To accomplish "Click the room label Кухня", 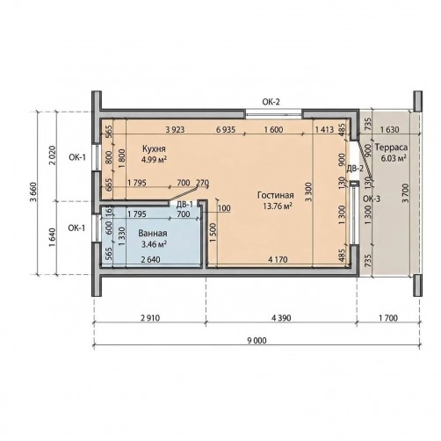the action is point(153,148).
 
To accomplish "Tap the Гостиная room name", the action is point(276,195).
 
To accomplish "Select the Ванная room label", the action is point(153,233).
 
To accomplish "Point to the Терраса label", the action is point(391,147).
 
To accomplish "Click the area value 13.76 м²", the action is point(278,206).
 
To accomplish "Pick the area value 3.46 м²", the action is point(154,244).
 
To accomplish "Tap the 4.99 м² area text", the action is point(154,159).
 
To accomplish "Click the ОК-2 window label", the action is point(271,102).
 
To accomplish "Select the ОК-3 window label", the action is point(372,199).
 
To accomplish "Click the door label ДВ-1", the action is point(184,205).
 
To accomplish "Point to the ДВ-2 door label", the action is point(355,169).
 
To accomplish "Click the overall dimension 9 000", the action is point(257,340).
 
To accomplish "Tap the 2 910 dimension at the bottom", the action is point(150,318).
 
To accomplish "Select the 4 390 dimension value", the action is point(281,318).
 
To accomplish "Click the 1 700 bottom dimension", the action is point(388,318).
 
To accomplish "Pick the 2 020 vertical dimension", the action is point(52,155).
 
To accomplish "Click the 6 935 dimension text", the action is point(226,129).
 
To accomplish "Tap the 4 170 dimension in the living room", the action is point(278,259).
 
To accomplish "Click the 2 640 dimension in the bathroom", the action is point(150,259).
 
